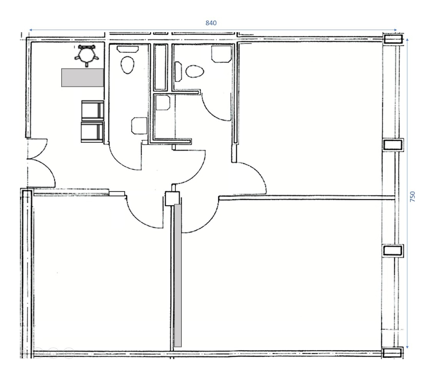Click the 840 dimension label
point(211,23)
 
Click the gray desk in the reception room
point(82,77)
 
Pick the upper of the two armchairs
point(92,110)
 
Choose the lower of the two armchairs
point(92,132)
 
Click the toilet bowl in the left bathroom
point(128,65)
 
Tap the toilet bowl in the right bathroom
point(195,72)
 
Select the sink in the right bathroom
point(221,53)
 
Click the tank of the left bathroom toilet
point(128,49)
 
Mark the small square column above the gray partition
point(170,199)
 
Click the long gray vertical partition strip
point(178,275)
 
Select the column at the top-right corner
point(393,39)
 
